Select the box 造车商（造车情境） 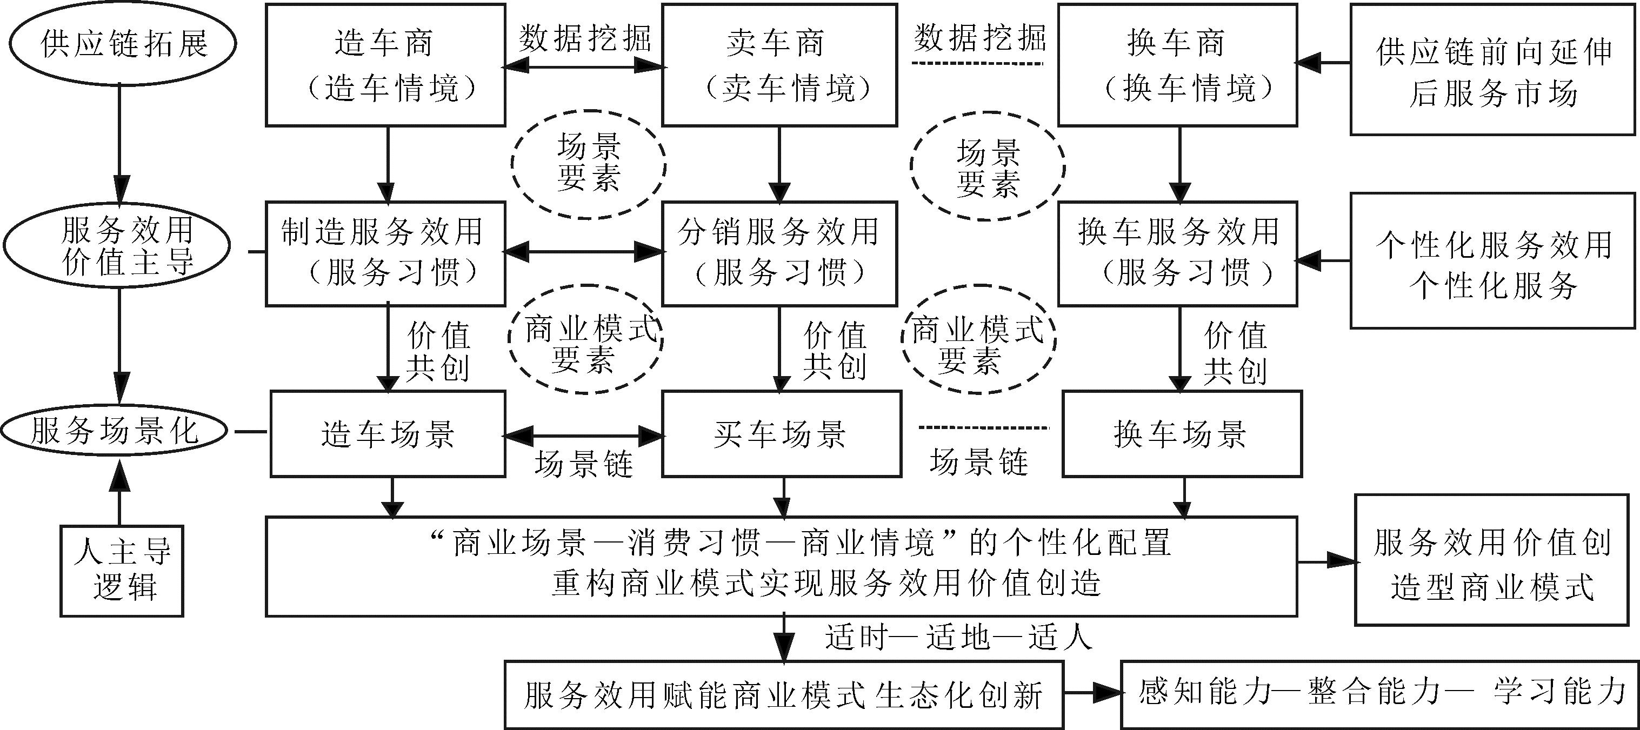click(x=385, y=65)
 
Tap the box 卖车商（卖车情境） click(x=779, y=65)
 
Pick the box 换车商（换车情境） click(x=1177, y=65)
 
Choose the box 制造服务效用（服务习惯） click(x=385, y=253)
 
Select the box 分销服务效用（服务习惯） click(x=779, y=253)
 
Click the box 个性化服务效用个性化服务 click(x=1492, y=261)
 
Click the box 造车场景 click(x=388, y=434)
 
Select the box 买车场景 click(x=781, y=434)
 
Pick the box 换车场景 click(x=1182, y=434)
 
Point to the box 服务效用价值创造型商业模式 click(x=1492, y=560)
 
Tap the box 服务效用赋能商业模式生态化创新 click(x=784, y=695)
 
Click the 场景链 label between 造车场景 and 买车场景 click(x=583, y=464)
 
